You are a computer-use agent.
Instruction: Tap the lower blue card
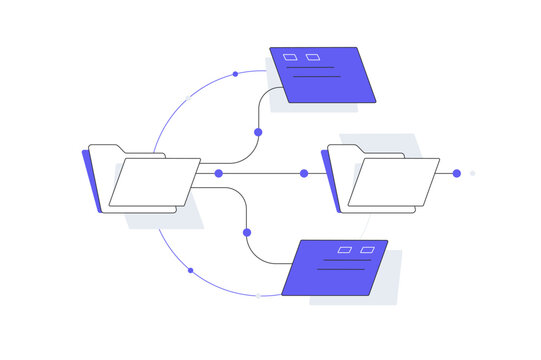[335, 267]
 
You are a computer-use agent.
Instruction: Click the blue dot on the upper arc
[235, 73]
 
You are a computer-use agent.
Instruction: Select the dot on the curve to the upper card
[258, 132]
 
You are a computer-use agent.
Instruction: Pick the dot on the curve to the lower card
[247, 233]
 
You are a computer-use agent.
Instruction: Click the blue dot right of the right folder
[457, 173]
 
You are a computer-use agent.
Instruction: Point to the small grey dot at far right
[473, 173]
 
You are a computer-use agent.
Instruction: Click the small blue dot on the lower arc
[190, 270]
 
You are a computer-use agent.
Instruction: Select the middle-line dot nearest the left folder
[219, 173]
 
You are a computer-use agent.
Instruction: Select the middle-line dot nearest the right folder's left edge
[304, 173]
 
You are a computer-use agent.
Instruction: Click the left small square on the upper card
[290, 57]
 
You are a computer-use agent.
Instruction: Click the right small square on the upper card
[312, 57]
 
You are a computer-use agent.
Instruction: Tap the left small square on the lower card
[345, 248]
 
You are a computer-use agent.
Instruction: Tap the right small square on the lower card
[367, 248]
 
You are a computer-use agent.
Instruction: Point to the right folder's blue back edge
[331, 180]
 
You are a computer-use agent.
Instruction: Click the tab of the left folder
[106, 150]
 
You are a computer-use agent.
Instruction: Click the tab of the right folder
[344, 149]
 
